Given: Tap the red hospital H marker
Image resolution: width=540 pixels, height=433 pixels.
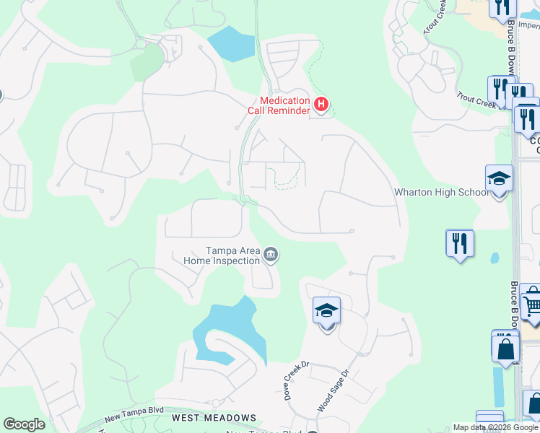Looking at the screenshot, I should click(321, 105).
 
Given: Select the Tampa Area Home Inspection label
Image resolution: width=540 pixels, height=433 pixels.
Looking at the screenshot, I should click(222, 255).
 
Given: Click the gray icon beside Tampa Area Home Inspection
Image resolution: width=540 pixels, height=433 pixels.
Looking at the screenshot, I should click(271, 254).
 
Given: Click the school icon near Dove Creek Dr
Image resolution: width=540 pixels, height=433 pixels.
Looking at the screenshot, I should click(326, 312).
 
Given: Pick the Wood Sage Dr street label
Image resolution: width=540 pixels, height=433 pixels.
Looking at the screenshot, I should click(334, 390).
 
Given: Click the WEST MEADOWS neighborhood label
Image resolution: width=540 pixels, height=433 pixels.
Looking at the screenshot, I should click(214, 418).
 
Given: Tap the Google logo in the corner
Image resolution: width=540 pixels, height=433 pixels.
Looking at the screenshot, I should click(24, 424).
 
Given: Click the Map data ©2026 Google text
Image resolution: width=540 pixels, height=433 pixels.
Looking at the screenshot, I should click(495, 427).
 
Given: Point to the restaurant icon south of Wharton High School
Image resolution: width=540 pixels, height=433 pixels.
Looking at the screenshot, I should click(459, 243).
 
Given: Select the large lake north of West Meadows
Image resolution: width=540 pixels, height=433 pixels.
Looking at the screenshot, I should click(227, 332).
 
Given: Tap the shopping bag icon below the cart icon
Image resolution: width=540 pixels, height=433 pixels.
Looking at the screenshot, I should click(505, 348).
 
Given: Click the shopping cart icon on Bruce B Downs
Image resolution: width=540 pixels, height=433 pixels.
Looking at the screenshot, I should click(531, 304).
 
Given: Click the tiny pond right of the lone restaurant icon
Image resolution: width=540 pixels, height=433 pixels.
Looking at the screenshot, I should click(495, 258).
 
